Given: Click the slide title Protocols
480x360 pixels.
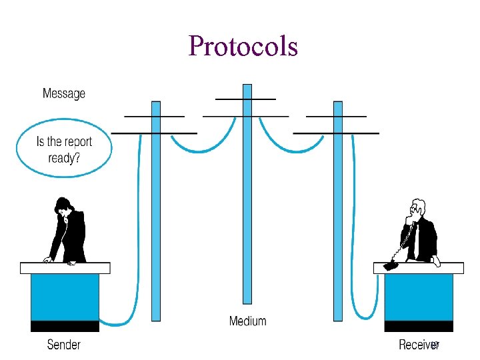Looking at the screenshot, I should coord(243,46).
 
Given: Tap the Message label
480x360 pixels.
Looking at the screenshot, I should coord(64,93).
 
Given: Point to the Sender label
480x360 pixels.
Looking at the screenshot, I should coord(64,344).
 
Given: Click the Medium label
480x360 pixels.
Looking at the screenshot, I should coord(247,321).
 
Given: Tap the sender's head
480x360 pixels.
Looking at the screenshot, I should coord(63,205).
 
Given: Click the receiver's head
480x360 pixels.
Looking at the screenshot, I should coord(418,207).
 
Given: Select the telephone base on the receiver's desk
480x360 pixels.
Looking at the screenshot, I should coord(391,265).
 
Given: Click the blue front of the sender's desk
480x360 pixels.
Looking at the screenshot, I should coord(65,297).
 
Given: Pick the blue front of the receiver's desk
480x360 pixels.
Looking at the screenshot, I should coord(419,297).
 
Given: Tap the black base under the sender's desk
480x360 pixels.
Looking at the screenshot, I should coord(65,326).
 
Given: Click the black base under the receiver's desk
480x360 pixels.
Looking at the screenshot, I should coord(419,326).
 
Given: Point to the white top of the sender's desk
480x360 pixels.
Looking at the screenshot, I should coord(65,268).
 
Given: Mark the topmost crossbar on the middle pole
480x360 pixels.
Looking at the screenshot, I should coord(246,99).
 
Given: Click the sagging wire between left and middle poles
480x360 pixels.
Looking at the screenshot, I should coord(201,147).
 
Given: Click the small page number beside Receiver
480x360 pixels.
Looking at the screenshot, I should coord(435,345).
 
